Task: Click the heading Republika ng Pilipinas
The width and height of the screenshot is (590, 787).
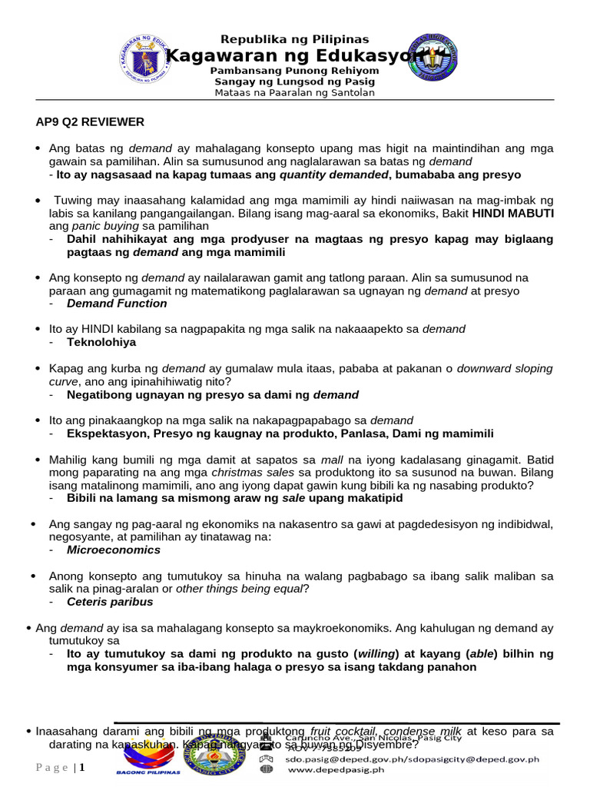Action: (x=294, y=39)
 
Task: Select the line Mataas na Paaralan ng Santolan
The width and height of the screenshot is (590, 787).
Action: (x=294, y=93)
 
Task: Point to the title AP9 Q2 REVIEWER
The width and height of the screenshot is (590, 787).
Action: (x=90, y=122)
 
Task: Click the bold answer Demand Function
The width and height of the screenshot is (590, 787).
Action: (x=117, y=304)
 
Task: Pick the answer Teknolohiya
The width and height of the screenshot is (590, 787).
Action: (x=101, y=342)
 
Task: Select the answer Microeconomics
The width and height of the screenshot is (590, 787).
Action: (x=114, y=550)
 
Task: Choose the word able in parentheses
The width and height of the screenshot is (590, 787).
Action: (x=483, y=654)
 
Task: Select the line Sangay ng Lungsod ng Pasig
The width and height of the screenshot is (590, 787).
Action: (x=294, y=81)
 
